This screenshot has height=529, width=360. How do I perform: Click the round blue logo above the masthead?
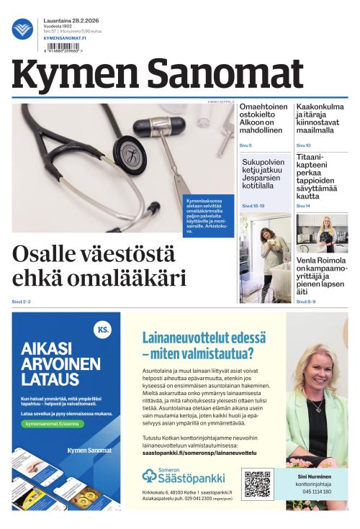(22, 29)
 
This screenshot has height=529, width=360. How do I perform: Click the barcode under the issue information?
(62, 46)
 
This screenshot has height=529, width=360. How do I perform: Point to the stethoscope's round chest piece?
(130, 152)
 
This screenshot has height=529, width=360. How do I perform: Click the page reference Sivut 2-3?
(21, 301)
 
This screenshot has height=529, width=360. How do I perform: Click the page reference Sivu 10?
(303, 145)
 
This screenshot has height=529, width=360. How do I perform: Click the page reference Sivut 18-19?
(253, 206)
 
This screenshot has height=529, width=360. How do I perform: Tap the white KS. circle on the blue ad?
(103, 330)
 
